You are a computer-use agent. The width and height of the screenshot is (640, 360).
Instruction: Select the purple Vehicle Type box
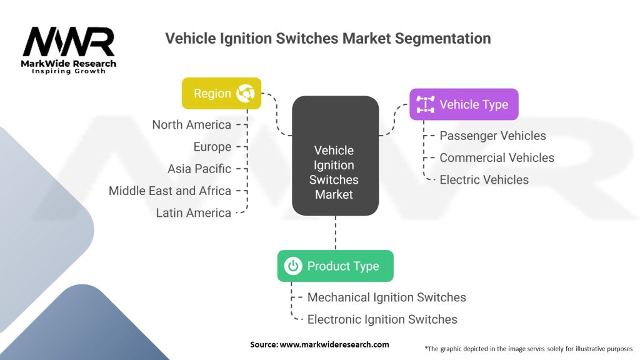tap(464, 104)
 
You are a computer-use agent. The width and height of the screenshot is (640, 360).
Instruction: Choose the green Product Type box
tap(335, 266)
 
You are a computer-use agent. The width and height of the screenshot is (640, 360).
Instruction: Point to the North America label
tap(191, 125)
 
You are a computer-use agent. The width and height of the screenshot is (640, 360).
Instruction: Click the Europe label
tap(212, 147)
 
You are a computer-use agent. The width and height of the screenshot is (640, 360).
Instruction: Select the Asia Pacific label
tap(199, 169)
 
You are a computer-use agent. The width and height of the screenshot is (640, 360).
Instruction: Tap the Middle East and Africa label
tap(170, 191)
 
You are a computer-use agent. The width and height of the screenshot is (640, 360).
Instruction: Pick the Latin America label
tap(194, 212)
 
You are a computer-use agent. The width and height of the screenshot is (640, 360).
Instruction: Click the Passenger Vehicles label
tap(492, 136)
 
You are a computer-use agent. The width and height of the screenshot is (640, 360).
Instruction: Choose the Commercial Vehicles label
tap(497, 157)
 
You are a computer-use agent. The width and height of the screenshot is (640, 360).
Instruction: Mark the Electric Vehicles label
tap(484, 180)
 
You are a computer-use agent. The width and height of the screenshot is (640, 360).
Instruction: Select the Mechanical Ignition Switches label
tap(386, 297)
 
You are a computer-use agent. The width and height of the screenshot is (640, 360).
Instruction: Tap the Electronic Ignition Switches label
tap(382, 319)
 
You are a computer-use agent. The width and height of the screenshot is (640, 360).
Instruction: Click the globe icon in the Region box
tap(245, 94)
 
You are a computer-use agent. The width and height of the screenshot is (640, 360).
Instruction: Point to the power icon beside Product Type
tap(292, 266)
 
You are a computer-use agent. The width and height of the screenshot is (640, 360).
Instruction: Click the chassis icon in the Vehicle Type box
tap(426, 104)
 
